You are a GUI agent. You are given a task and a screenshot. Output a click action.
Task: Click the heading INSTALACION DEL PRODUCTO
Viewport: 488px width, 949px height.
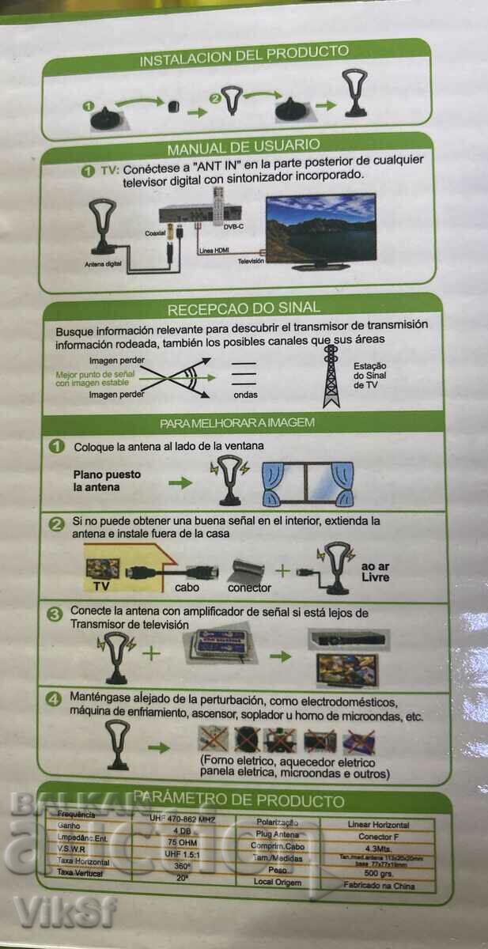[244, 55]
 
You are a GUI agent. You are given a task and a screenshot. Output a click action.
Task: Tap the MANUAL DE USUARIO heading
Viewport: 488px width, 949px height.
[243, 146]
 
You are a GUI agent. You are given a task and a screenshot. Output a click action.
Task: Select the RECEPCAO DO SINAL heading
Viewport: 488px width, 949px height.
[243, 309]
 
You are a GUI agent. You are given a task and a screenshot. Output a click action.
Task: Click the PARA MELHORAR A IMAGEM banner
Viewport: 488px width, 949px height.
[237, 423]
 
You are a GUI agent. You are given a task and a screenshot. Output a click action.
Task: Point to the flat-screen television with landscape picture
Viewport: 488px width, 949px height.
[320, 230]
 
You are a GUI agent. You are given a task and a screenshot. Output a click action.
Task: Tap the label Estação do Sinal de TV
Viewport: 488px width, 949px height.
[370, 375]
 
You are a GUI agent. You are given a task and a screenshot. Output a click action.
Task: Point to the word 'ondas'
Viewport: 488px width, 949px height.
[245, 395]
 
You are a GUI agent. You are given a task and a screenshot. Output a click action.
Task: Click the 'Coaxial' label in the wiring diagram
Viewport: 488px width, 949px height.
[155, 233]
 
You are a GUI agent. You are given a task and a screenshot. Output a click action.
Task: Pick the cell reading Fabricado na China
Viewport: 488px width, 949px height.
[380, 886]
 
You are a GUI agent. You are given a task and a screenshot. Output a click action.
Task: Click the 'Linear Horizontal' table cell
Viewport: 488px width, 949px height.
[380, 825]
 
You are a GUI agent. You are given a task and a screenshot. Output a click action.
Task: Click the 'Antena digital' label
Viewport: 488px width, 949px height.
[102, 264]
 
